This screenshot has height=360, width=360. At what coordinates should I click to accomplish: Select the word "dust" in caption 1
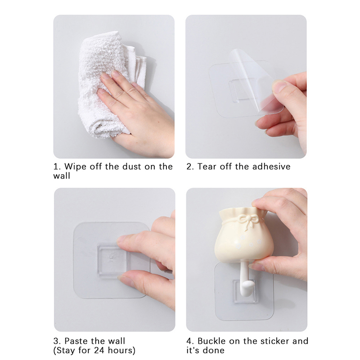[131, 166]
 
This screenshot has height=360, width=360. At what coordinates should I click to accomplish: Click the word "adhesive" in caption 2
[271, 166]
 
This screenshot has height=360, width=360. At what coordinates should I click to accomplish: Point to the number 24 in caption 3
[99, 351]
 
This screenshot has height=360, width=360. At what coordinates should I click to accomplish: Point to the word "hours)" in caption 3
[121, 351]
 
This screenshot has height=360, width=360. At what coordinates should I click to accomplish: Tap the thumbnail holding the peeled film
[279, 86]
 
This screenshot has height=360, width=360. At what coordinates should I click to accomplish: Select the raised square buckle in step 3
[112, 261]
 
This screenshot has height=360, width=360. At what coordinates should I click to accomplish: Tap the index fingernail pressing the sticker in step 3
[123, 240]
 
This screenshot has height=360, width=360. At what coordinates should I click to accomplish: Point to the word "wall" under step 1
[62, 176]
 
